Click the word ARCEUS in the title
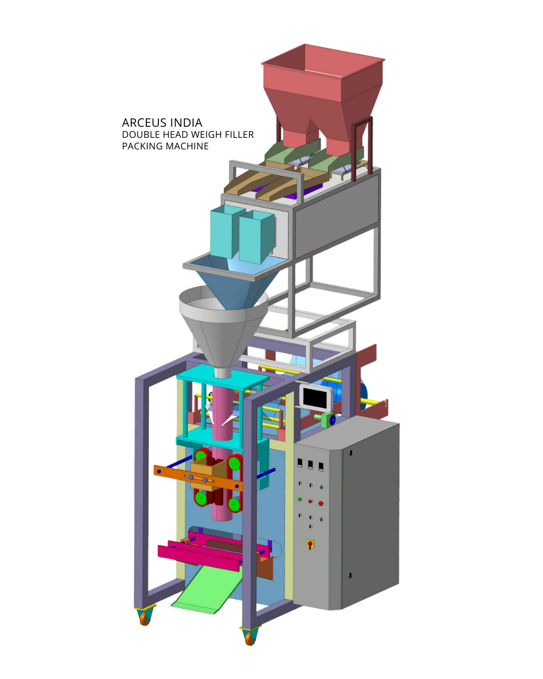[144, 123]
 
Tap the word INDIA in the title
[186, 123]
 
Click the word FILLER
[239, 135]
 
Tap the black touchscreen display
[316, 397]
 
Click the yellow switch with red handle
[310, 544]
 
